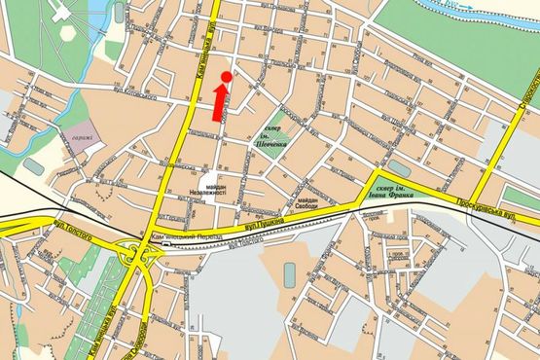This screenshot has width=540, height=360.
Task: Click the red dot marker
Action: pyautogui.click(x=227, y=76)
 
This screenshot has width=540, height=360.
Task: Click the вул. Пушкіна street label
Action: pyautogui.click(x=264, y=224)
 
